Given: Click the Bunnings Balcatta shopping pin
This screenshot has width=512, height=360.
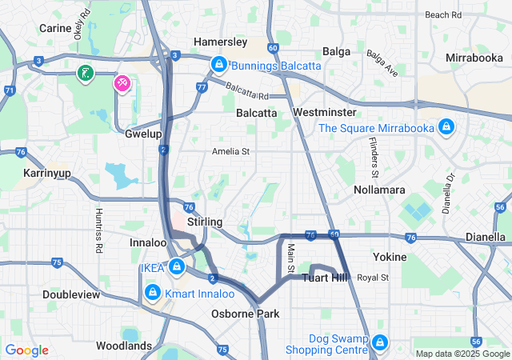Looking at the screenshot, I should [218, 63].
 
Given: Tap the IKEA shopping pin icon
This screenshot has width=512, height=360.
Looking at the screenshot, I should [175, 267].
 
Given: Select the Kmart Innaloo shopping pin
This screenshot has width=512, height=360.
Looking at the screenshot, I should [152, 294].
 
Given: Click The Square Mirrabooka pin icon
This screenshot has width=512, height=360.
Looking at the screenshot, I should [446, 127].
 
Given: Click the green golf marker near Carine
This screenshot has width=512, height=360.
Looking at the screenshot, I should [85, 74].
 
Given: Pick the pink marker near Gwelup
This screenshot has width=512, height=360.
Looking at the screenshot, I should [122, 83].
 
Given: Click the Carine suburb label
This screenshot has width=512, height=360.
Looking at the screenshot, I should [55, 28].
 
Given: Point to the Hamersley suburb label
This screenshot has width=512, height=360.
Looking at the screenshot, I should [221, 42].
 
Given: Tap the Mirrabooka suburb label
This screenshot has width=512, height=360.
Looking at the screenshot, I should [474, 58].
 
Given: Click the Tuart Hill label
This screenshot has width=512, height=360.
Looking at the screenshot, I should [325, 278].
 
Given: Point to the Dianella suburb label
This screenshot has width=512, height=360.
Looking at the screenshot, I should [486, 238].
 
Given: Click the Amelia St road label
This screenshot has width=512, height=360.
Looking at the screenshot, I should [230, 151].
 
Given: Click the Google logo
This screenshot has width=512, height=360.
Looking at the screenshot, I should [27, 350].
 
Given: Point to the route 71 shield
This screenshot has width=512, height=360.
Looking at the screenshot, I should [9, 90].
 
